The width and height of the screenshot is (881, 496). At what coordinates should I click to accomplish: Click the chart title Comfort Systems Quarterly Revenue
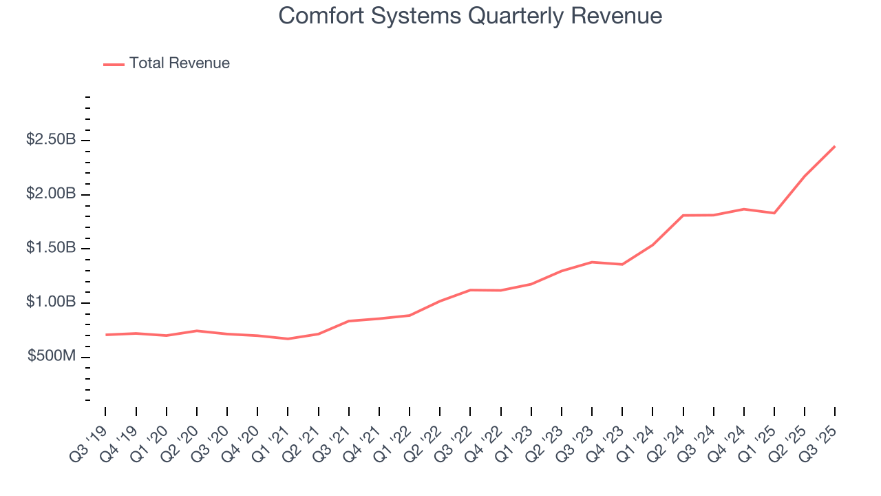point(470,16)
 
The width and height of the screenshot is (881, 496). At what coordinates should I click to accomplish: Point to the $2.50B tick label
point(51,140)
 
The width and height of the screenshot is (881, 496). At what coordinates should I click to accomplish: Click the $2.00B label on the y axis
point(51,194)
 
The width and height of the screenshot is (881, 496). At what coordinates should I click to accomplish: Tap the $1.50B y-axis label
point(51,248)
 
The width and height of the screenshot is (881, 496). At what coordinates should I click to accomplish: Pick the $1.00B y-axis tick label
point(51,302)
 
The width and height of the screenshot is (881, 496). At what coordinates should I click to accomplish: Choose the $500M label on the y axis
point(52,357)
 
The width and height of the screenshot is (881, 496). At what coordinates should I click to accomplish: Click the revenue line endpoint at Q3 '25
point(835,146)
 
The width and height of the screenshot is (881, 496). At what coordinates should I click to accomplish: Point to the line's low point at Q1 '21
point(288,339)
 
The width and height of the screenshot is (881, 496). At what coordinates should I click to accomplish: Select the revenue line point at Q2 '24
point(683,216)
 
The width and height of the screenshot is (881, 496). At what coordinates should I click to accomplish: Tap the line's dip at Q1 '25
point(774,213)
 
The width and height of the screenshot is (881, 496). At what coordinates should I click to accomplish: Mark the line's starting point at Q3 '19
point(106,335)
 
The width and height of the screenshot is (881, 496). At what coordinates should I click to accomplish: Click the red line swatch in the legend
point(114,64)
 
